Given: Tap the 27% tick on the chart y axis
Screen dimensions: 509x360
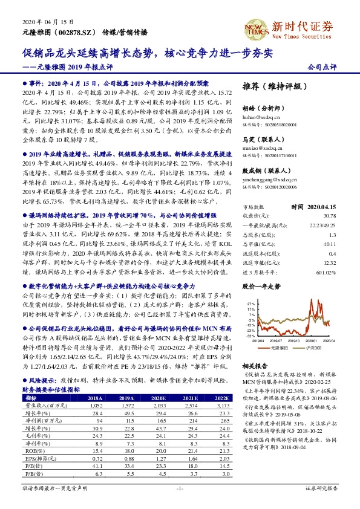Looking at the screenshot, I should (x=251, y=303).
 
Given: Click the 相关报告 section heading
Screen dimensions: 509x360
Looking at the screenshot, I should (x=255, y=365).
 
